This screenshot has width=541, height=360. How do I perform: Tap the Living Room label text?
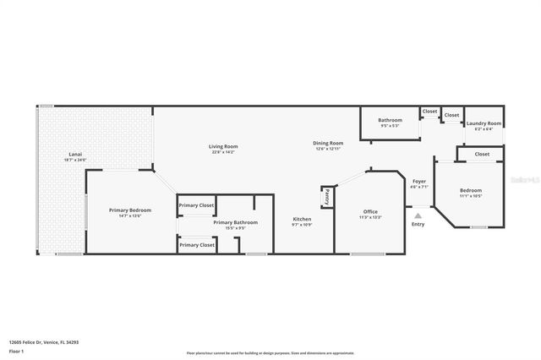pyautogui.click(x=223, y=146)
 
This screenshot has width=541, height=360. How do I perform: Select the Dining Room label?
pyautogui.click(x=328, y=143)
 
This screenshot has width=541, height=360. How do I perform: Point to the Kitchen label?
pyautogui.click(x=302, y=219)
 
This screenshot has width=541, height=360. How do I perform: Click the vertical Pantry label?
pyautogui.click(x=326, y=196)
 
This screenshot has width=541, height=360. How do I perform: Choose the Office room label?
pyautogui.click(x=370, y=211)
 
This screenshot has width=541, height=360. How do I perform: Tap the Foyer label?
pyautogui.click(x=418, y=181)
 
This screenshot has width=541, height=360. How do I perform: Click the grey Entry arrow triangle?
pyautogui.click(x=418, y=215)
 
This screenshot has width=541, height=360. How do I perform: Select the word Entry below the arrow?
pyautogui.click(x=418, y=224)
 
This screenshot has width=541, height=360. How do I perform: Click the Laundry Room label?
pyautogui.click(x=484, y=123)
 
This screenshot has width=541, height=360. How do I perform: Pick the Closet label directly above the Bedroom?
pyautogui.click(x=482, y=154)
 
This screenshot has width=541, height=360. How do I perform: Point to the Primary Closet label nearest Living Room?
pyautogui.click(x=196, y=205)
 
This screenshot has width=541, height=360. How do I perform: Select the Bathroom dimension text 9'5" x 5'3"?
pyautogui.click(x=390, y=125)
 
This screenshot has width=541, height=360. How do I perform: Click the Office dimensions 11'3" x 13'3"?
pyautogui.click(x=370, y=217)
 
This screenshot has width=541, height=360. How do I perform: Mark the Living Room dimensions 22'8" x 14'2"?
pyautogui.click(x=223, y=152)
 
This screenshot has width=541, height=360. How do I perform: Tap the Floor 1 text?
pyautogui.click(x=16, y=349)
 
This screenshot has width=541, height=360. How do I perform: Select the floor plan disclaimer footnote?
pyautogui.click(x=270, y=352)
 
